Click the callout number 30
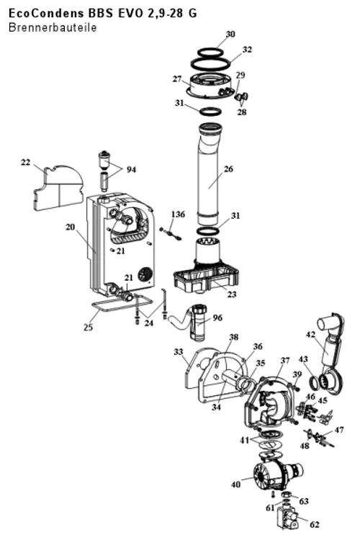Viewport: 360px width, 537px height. tap(230, 34)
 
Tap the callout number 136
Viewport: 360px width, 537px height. tap(178, 215)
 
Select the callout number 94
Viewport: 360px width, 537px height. tap(131, 170)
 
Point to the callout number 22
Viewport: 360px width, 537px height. tap(25, 163)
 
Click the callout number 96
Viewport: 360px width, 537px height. tap(217, 318)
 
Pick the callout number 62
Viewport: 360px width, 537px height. tap(315, 524)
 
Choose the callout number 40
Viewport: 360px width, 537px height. tap(235, 484)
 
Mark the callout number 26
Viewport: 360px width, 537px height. tap(228, 169)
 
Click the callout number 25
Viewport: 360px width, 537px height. tap(88, 328)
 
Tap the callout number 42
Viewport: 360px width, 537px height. tap(310, 335)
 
